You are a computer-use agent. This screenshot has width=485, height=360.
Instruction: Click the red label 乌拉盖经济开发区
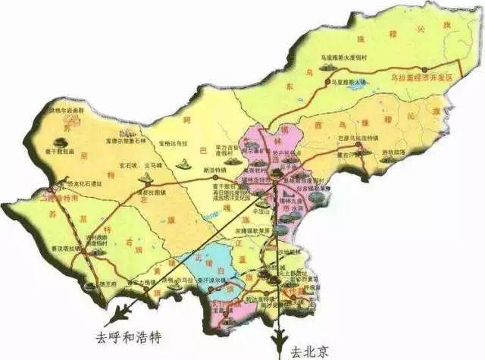pos(421,77)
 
